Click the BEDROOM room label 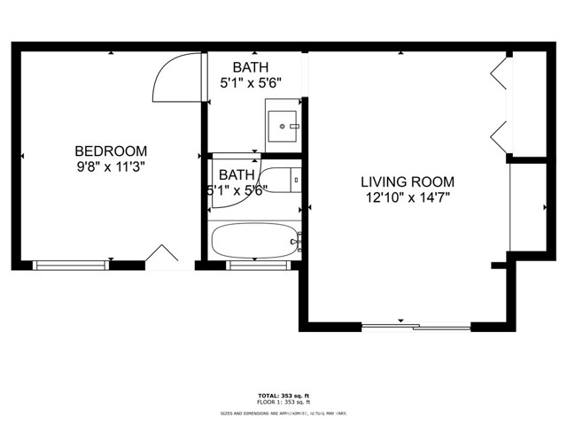pos(111,151)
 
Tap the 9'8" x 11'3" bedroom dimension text pos(111,166)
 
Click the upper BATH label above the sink pos(251,67)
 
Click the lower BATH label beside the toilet pos(237,174)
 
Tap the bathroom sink pos(283,127)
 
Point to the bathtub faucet pos(299,239)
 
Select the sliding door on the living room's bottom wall pos(416,327)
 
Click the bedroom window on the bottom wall pos(71,264)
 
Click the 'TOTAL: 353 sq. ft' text pos(283,395)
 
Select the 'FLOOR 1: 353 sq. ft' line pos(283,403)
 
